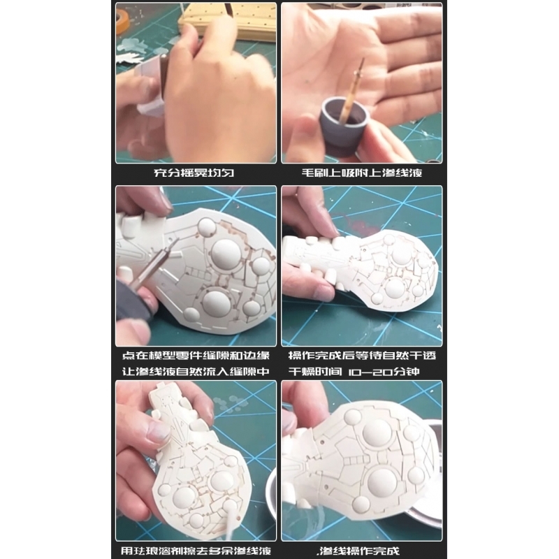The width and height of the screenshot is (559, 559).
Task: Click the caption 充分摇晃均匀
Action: click(194, 173)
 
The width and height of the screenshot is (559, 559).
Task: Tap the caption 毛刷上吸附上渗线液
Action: click(362, 173)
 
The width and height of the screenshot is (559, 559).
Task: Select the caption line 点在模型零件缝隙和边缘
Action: click(196, 356)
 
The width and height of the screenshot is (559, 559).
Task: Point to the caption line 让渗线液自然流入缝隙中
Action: click(196, 372)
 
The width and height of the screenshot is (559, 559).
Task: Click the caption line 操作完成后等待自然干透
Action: click(362, 356)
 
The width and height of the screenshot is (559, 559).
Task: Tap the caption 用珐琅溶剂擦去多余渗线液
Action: click(196, 551)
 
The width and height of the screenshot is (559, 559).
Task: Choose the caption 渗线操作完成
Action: click(358, 551)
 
